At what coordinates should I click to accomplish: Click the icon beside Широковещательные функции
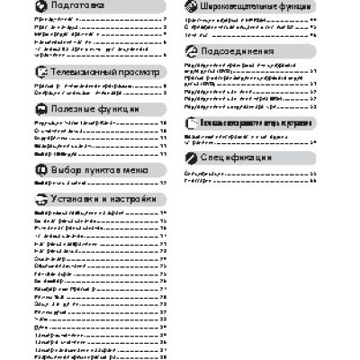click(x=191, y=5)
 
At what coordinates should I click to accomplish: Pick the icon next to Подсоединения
click(x=191, y=52)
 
